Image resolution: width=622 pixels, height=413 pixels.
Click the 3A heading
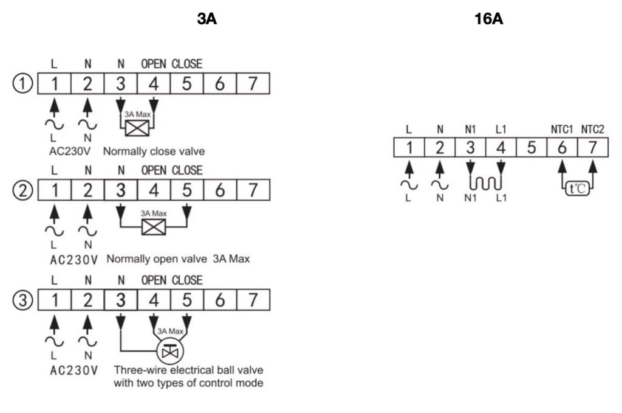tap(207, 19)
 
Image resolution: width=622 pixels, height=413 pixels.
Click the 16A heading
tap(489, 19)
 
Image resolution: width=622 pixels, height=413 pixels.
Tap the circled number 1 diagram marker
tap(22, 84)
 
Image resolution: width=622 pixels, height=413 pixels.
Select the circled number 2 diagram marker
tap(22, 190)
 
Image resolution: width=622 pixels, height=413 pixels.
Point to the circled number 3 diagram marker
tap(22, 300)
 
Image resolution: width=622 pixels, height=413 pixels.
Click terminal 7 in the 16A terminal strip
tap(593, 148)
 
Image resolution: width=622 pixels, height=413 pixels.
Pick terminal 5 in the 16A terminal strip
tap(531, 148)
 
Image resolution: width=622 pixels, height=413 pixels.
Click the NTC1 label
tap(562, 130)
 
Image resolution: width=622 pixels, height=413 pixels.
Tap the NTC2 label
tap(593, 130)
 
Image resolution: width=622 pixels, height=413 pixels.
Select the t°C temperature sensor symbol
tap(578, 188)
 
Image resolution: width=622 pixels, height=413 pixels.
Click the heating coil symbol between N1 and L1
tap(485, 183)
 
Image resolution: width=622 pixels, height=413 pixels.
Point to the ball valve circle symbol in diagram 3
tap(170, 351)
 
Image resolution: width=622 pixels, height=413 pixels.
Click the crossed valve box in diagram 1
tap(137, 128)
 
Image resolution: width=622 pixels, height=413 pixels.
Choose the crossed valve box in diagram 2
tap(154, 227)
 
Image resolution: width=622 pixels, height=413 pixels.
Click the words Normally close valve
tap(154, 151)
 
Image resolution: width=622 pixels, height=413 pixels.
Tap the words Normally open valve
tap(157, 259)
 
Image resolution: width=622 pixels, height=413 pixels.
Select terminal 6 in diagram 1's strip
tap(220, 84)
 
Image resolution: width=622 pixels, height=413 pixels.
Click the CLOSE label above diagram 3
tap(187, 280)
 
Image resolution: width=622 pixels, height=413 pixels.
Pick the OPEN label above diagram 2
tap(154, 170)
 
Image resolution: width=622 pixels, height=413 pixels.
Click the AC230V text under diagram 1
tap(70, 151)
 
